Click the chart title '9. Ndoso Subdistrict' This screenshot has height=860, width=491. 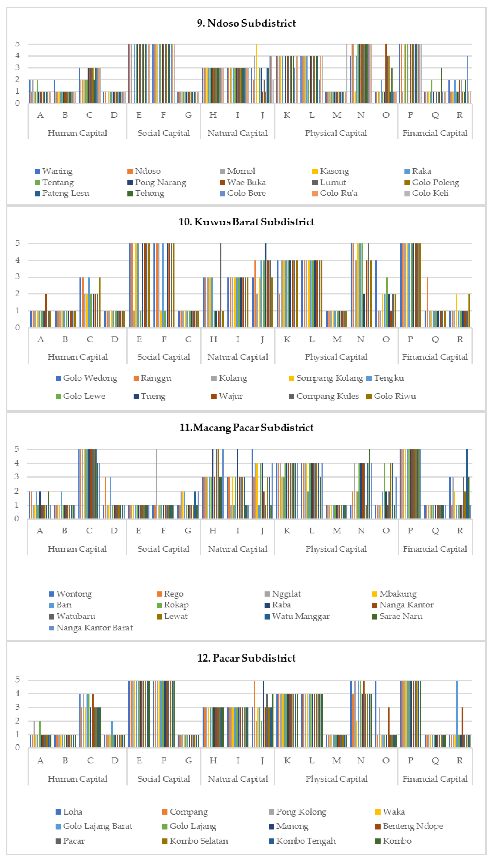click(x=246, y=23)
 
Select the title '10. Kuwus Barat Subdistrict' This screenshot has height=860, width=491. click(x=246, y=222)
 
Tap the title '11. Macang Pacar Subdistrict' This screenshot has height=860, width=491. click(x=246, y=427)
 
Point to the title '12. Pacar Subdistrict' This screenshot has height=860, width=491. click(x=246, y=658)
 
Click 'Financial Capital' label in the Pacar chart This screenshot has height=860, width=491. click(x=435, y=779)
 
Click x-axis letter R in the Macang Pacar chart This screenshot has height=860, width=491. click(x=460, y=530)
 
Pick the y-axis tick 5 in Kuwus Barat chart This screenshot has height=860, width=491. click(x=17, y=243)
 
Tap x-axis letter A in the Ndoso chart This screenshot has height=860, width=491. click(x=40, y=115)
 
